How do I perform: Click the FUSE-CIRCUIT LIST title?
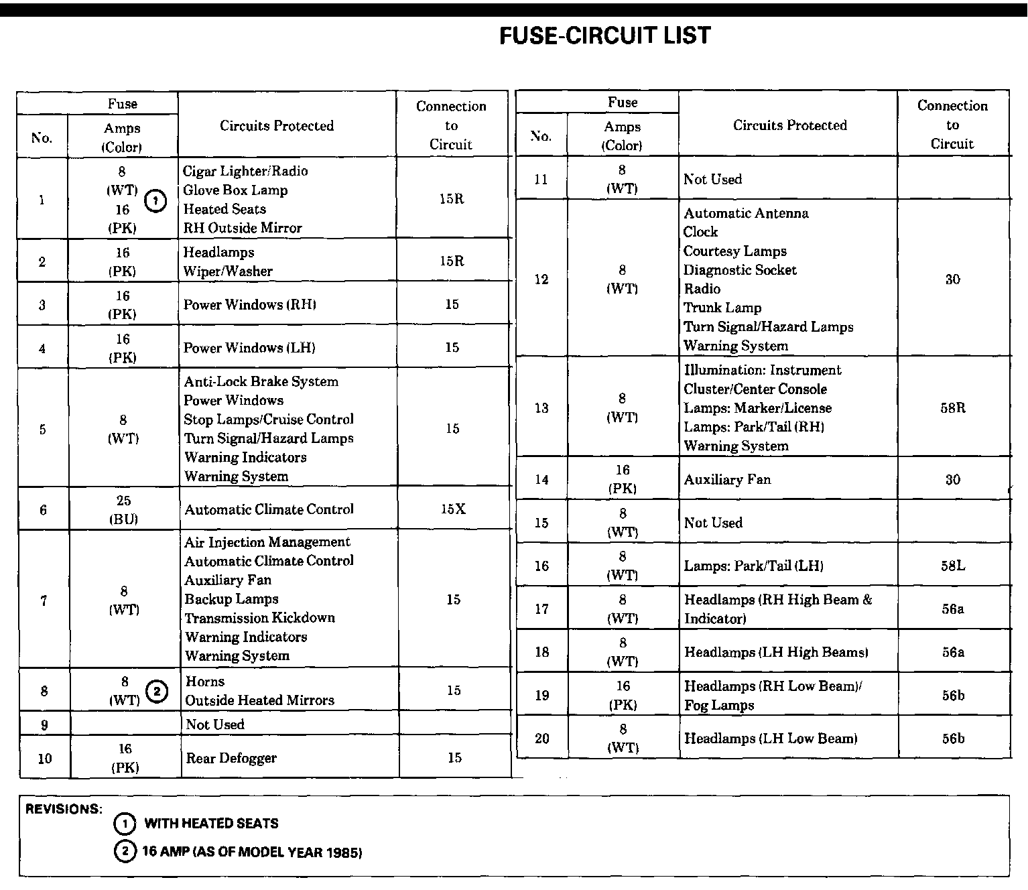point(605,36)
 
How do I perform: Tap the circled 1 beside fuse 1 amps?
point(155,200)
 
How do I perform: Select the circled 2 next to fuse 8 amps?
point(156,691)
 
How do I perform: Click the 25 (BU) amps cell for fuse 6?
point(123,509)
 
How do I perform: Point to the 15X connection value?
point(453,509)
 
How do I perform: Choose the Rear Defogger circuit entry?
point(231,758)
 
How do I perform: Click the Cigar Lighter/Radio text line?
point(245,171)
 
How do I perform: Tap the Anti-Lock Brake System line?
point(261,381)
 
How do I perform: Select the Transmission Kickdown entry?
point(259,618)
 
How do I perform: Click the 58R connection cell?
point(952,407)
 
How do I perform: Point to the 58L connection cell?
point(952,566)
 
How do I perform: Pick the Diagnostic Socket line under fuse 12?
point(740,270)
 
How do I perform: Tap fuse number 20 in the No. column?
point(542,739)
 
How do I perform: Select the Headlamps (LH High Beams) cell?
point(776,652)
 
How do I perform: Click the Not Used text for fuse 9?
point(215,724)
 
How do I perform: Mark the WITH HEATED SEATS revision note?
point(211,823)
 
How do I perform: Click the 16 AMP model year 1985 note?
point(252,852)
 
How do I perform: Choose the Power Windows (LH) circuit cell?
point(249,348)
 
